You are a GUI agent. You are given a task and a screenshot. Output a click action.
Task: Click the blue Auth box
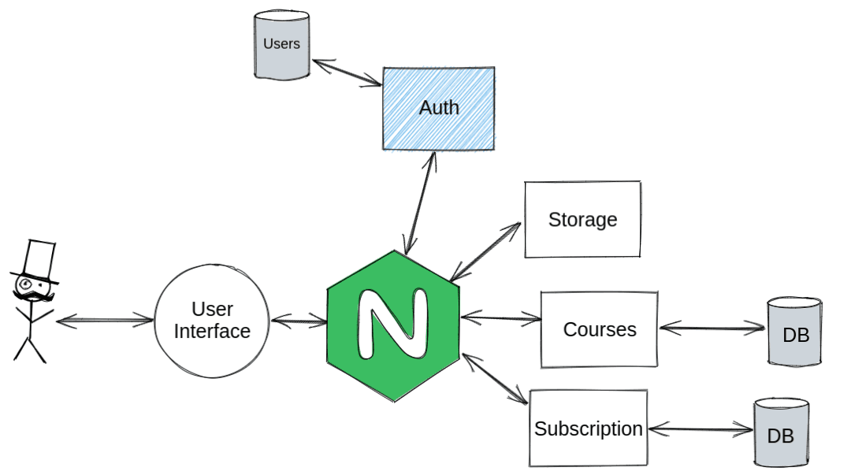coord(439,109)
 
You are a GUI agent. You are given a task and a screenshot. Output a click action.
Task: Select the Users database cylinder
coord(281,46)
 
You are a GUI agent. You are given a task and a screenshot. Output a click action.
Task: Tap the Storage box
coord(582,220)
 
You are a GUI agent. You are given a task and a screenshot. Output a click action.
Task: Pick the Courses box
coord(599,329)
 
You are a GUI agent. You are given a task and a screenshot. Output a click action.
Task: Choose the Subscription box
coord(588,429)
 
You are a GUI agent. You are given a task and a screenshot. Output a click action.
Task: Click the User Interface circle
coord(212,321)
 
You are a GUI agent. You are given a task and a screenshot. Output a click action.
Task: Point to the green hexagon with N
coord(393,325)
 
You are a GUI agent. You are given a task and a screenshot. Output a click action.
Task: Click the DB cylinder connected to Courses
coord(795,332)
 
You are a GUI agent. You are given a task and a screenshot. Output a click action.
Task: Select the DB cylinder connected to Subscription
coord(780,432)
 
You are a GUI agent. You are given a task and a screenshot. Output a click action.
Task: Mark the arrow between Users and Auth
coord(347,72)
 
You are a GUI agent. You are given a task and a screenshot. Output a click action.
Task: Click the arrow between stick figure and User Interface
coord(105,320)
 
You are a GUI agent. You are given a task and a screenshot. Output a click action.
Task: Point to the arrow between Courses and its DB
coord(712,327)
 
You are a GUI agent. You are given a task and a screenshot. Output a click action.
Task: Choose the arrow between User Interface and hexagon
coord(299,321)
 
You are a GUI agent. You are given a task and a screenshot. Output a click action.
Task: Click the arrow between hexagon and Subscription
coord(496,380)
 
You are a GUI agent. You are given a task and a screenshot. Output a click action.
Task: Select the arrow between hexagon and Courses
coord(501,318)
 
